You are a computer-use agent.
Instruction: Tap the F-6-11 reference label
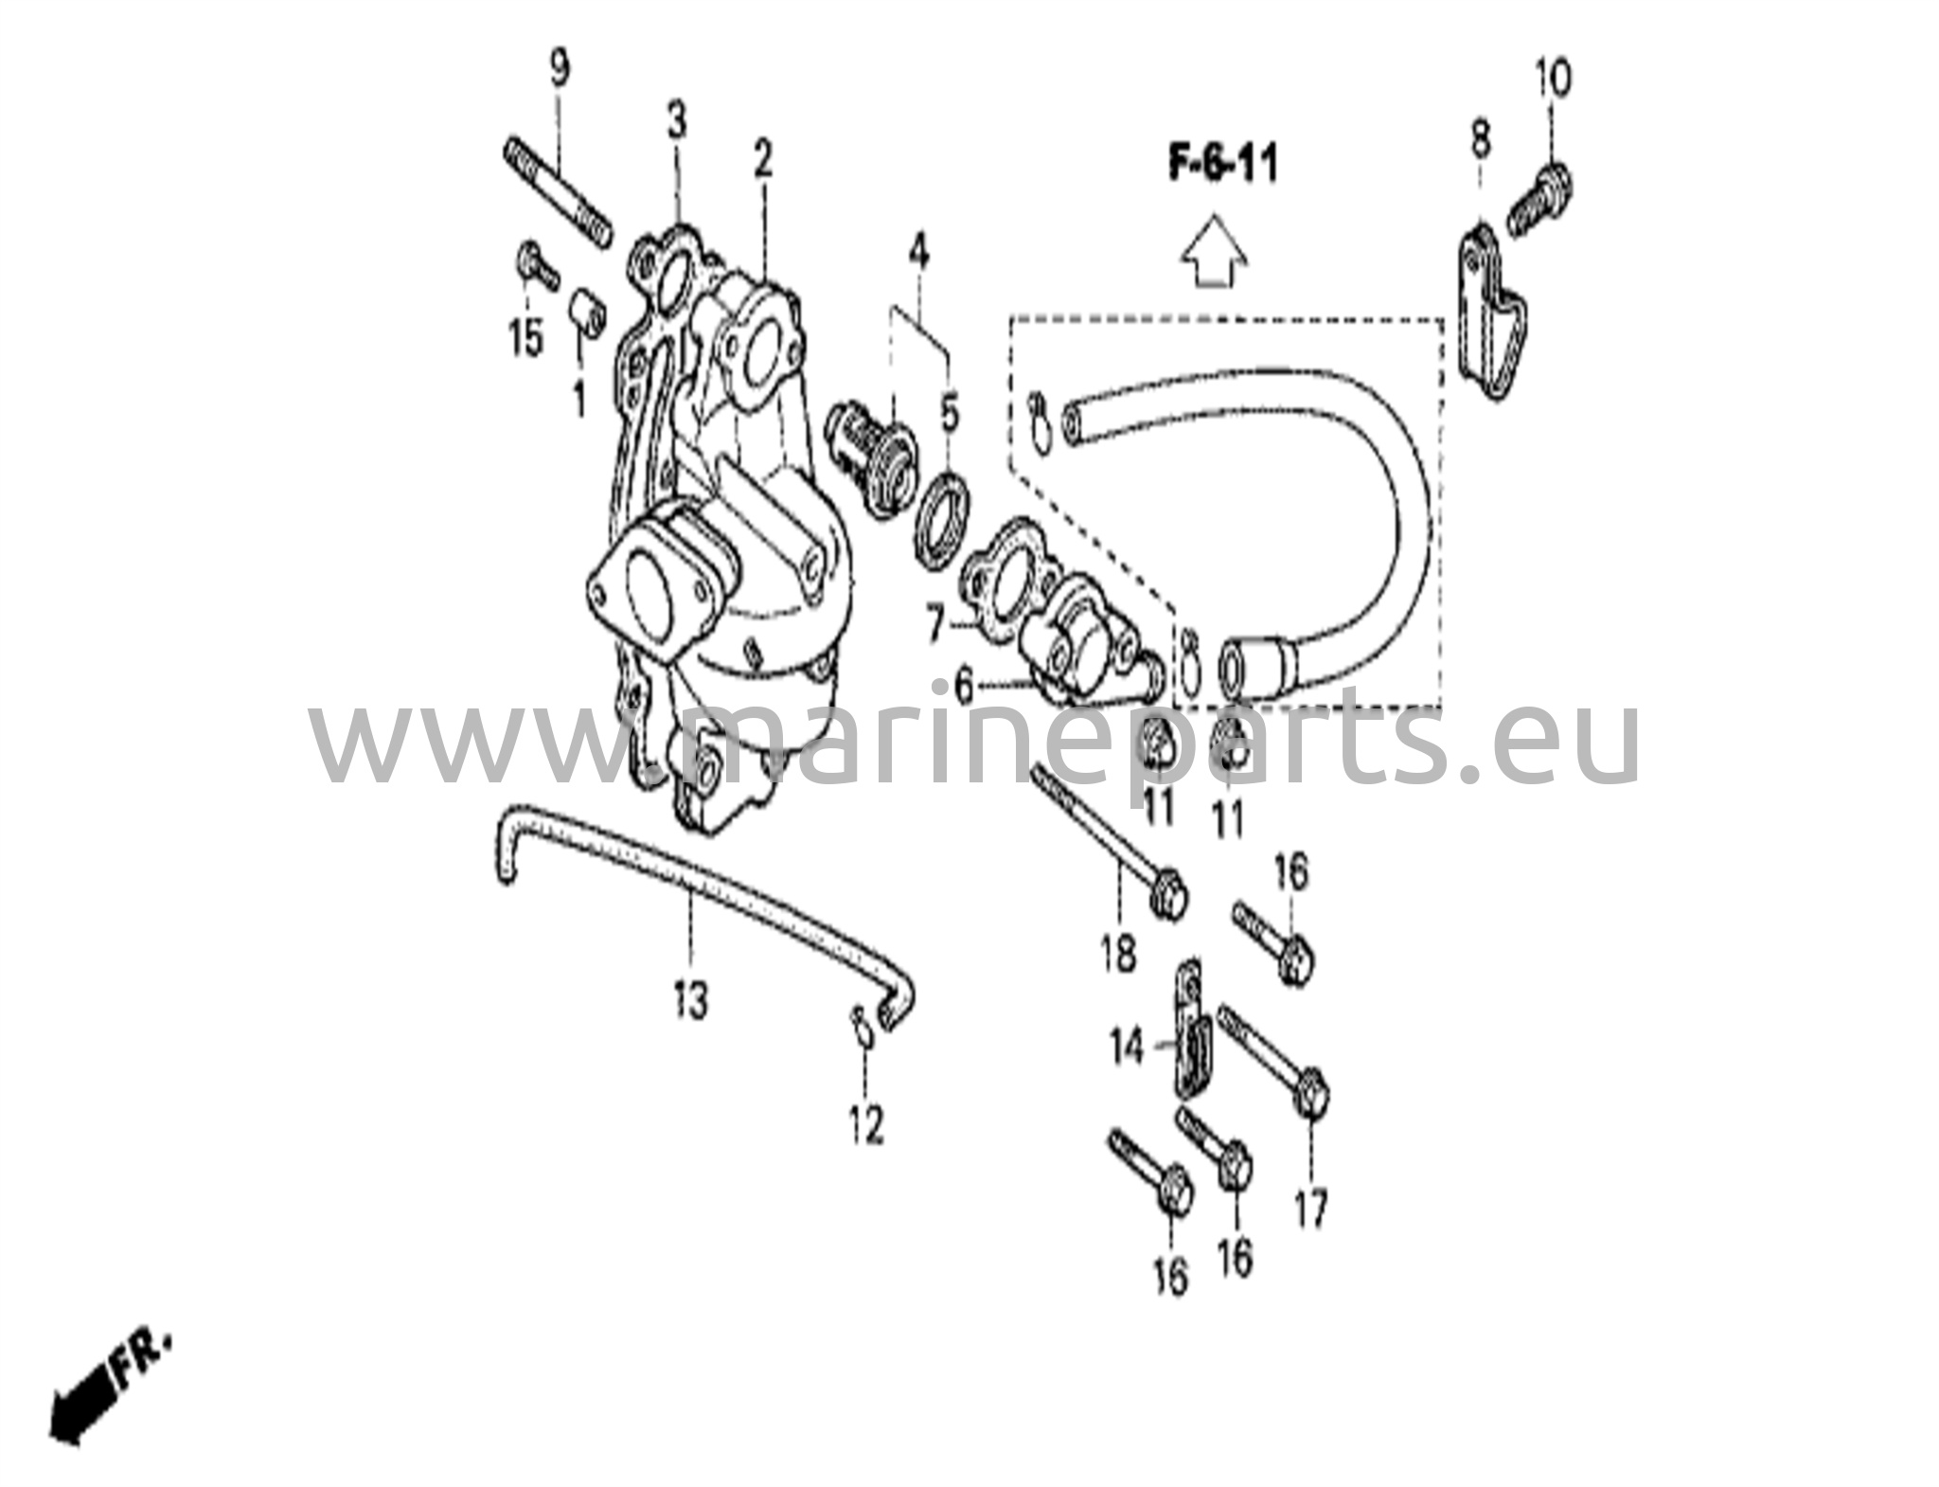click(1221, 165)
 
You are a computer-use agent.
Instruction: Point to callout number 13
click(691, 999)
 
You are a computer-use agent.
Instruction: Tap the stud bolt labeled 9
click(555, 191)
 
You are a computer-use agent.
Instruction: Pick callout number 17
click(1311, 1209)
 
